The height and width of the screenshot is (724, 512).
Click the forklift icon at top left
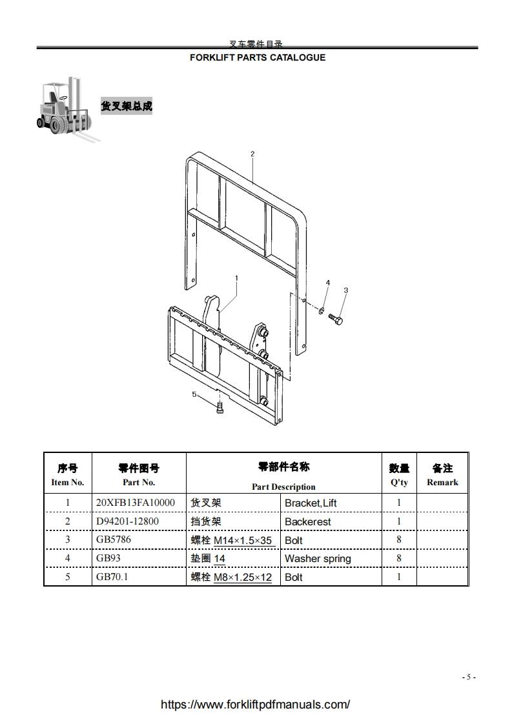click(68, 108)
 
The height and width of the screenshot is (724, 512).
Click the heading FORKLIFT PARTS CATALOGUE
click(257, 57)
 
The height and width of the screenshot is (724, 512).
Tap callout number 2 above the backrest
click(252, 154)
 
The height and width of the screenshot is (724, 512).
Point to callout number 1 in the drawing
click(237, 278)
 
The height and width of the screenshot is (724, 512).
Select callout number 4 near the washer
click(327, 283)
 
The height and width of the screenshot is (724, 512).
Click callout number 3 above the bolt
click(345, 290)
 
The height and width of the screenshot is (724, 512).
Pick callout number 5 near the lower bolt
click(194, 394)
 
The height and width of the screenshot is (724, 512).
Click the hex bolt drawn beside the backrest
click(336, 319)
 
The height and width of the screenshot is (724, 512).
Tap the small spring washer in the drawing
click(321, 312)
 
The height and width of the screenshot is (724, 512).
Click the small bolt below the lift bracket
click(220, 408)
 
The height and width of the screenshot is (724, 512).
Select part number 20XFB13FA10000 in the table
click(135, 502)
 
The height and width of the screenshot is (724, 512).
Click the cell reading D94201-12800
click(127, 521)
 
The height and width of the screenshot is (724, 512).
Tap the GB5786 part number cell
click(113, 539)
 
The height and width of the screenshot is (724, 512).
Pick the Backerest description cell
click(308, 521)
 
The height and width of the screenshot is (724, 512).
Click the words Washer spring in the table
click(318, 558)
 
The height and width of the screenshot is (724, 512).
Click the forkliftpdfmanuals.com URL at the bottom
click(255, 705)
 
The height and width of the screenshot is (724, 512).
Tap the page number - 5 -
click(469, 677)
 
